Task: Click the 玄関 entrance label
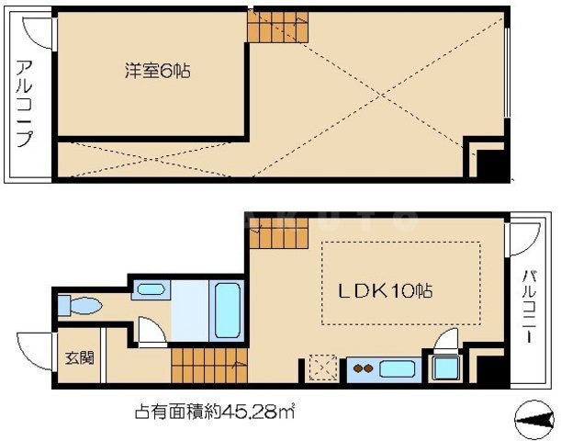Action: [x=74, y=358]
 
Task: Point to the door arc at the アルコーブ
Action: [x=33, y=30]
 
